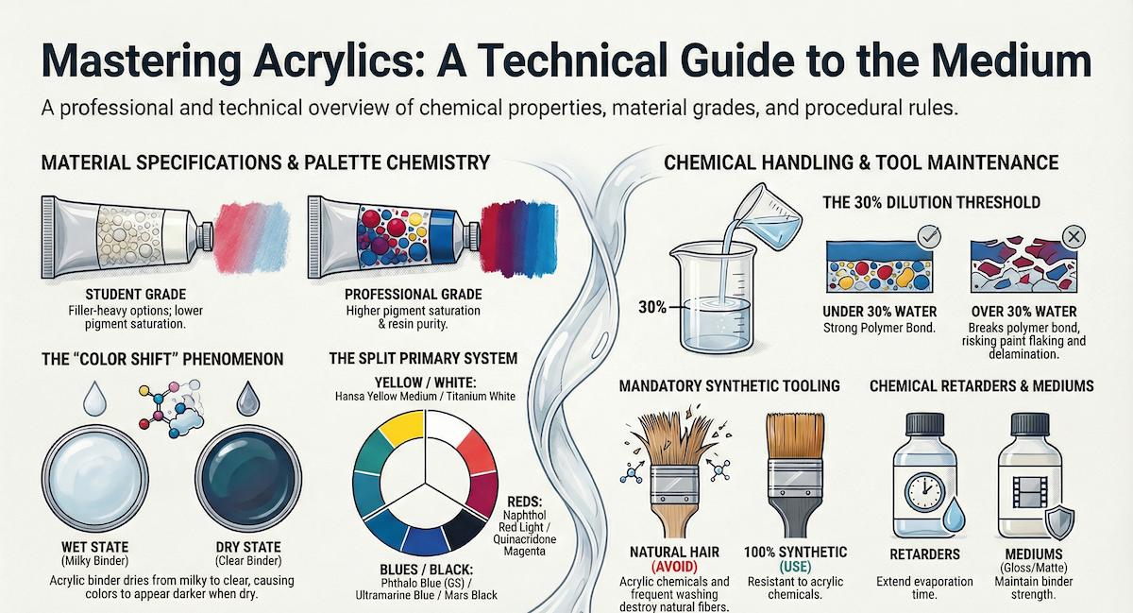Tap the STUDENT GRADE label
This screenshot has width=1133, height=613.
(136, 295)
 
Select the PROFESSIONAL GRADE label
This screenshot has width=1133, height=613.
(414, 295)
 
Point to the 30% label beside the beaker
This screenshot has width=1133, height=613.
(652, 307)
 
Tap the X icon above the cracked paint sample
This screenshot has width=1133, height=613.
(1074, 237)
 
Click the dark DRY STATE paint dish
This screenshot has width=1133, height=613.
(248, 478)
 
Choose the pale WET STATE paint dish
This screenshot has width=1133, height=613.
(95, 478)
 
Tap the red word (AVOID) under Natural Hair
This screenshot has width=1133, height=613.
(674, 566)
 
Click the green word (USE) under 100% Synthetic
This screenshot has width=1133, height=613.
(796, 566)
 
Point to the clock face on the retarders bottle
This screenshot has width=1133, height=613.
(924, 491)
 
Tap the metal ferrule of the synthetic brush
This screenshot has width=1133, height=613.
(795, 478)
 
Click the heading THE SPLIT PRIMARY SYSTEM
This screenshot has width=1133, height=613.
(423, 359)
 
